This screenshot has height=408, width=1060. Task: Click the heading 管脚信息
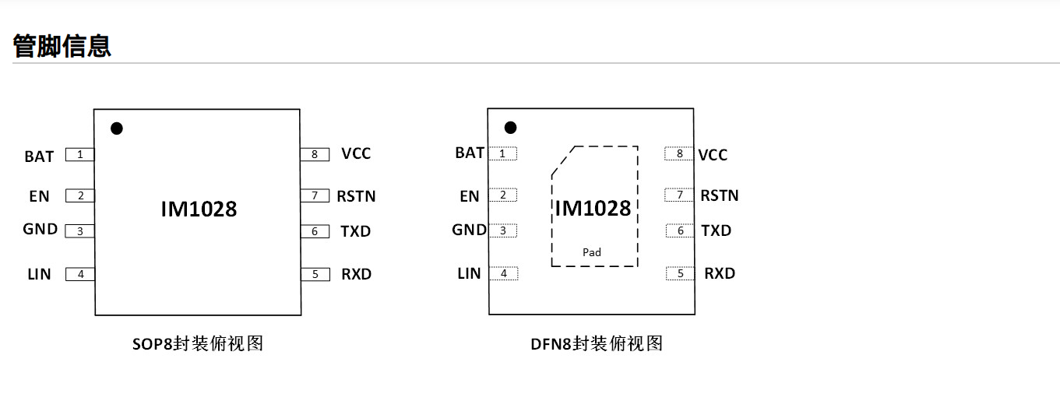pos(62,46)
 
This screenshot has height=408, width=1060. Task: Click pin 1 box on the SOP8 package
pos(79,154)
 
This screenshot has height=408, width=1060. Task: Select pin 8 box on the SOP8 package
pos(315,154)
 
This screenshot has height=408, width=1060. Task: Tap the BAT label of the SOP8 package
pos(39,157)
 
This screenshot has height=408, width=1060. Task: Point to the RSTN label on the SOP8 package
pos(356,196)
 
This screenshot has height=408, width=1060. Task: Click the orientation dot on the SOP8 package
pos(117,128)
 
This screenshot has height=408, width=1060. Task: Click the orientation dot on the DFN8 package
pos(511,127)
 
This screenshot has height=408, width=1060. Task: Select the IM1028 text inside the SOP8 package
pos(199,209)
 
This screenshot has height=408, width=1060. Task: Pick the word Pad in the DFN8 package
pos(592,252)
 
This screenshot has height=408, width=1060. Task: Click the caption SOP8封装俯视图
pos(198,343)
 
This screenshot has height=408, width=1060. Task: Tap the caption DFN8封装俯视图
pos(597,343)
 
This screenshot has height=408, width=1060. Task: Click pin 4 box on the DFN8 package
pos(504,273)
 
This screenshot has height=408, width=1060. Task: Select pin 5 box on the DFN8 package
pos(680,273)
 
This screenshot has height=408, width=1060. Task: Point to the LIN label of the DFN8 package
pos(469,273)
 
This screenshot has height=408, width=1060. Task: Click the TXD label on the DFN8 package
pos(716,230)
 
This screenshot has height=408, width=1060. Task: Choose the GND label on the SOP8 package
pos(40,229)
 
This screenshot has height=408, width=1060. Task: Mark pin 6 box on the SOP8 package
pos(315,231)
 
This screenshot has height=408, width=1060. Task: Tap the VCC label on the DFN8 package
pos(713,155)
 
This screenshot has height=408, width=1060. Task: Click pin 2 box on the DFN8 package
pos(503,195)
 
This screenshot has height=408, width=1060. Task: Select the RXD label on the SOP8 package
pos(356,274)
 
